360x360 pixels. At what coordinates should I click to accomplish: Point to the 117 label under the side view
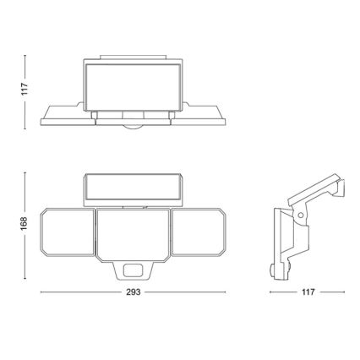click(308, 292)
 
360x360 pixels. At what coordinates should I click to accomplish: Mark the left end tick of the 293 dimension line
click(40, 292)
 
